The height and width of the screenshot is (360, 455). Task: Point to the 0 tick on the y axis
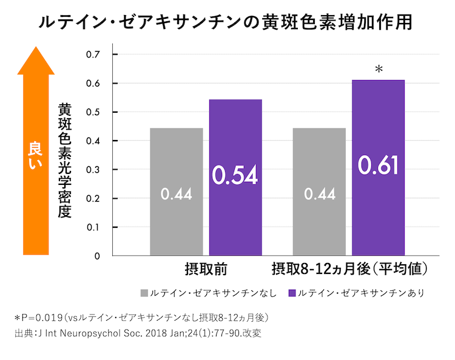click(x=97, y=256)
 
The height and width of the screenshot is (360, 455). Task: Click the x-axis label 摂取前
click(x=206, y=268)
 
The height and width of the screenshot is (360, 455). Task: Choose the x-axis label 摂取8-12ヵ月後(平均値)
click(x=351, y=268)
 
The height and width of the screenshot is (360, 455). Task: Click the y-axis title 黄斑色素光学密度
click(x=64, y=160)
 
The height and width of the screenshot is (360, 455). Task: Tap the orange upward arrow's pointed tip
click(x=36, y=50)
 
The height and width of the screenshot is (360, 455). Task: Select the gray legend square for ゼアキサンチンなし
click(x=144, y=293)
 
